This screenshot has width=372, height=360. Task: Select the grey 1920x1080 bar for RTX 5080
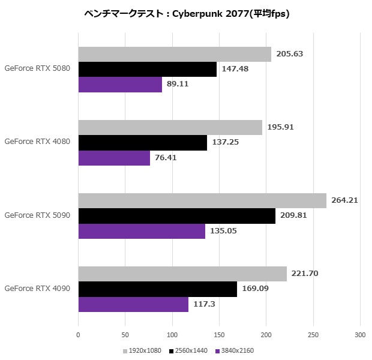(x=175, y=54)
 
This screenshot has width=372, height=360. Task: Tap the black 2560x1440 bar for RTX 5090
(x=177, y=215)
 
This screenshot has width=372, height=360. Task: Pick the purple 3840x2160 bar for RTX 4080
(x=115, y=158)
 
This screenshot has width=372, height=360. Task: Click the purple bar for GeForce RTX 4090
(x=133, y=304)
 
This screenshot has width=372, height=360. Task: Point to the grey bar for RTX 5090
(x=202, y=200)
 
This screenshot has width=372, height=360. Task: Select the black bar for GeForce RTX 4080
(x=143, y=143)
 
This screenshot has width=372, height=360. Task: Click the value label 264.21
(x=345, y=200)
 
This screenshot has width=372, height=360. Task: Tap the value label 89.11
(x=178, y=84)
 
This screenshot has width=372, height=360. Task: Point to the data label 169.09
(x=255, y=289)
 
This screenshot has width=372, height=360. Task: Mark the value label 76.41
(x=166, y=158)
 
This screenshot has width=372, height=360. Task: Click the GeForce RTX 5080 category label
(x=37, y=68)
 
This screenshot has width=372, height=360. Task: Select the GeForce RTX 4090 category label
(x=37, y=289)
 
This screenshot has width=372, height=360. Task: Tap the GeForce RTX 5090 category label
(x=37, y=215)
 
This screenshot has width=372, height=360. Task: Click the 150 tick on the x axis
(x=219, y=335)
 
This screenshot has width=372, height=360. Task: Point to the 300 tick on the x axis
(x=360, y=335)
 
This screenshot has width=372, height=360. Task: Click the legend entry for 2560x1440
(x=190, y=350)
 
